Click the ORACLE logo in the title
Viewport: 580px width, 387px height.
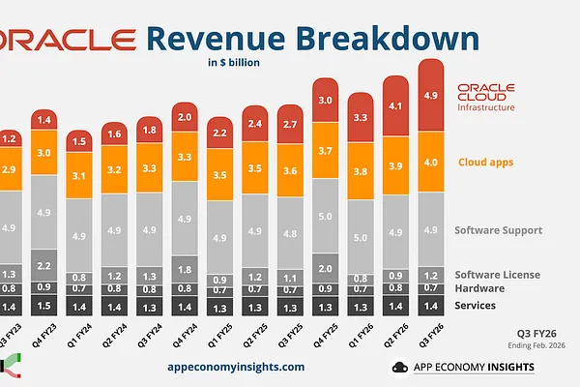click(x=68, y=39)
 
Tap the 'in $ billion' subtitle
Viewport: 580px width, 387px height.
click(x=233, y=64)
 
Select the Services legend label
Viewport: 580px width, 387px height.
click(x=476, y=305)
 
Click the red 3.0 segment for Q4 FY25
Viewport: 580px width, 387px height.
click(x=326, y=101)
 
